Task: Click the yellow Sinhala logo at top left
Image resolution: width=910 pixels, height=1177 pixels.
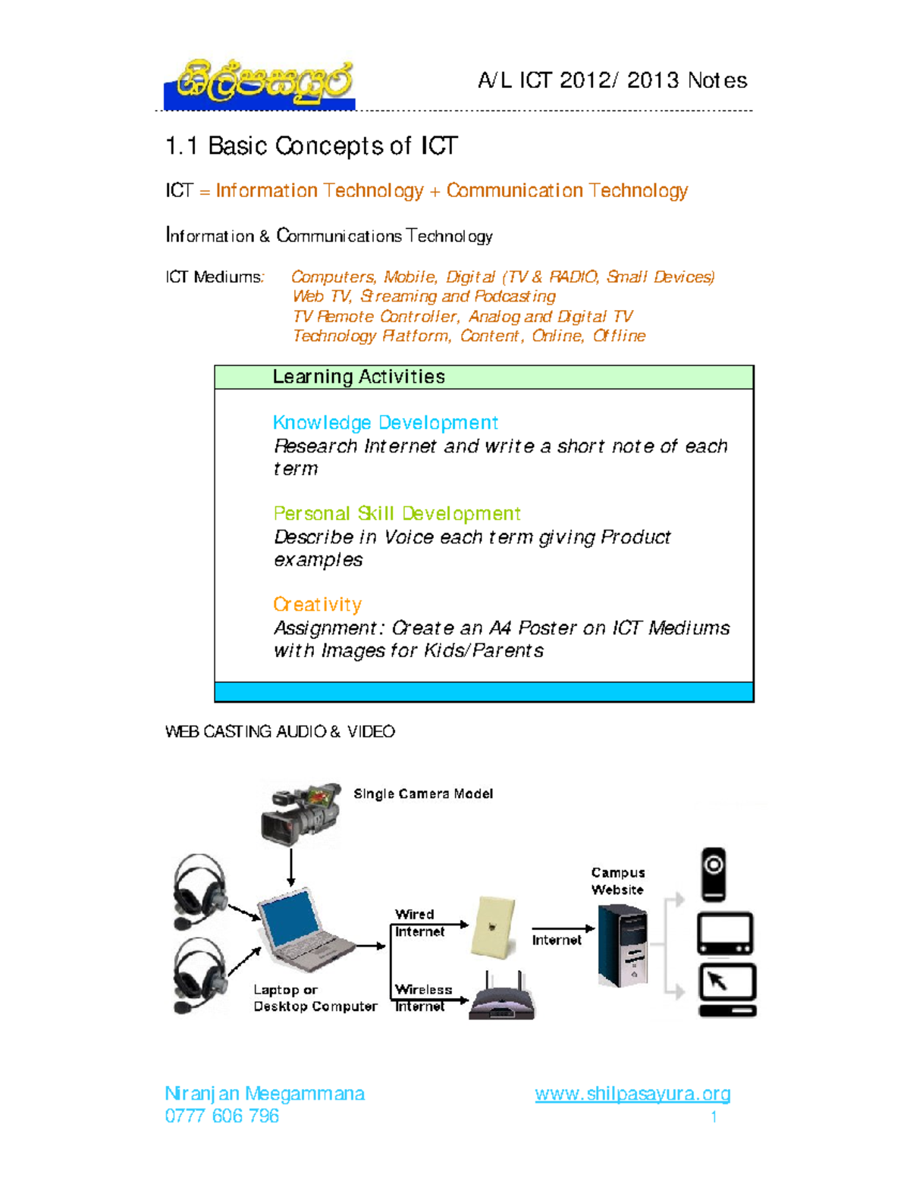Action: (260, 83)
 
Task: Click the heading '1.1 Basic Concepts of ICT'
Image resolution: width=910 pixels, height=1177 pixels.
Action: (311, 146)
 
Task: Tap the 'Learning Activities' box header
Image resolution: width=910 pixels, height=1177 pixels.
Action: (359, 377)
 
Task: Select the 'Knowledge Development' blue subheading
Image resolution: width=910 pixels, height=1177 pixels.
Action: (385, 422)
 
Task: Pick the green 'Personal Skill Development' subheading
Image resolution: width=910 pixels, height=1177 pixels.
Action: (397, 514)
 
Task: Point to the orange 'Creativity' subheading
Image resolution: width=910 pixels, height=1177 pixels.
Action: (317, 605)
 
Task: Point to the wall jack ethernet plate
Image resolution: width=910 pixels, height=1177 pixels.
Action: (494, 927)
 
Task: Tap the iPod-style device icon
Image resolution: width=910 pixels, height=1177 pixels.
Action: (714, 874)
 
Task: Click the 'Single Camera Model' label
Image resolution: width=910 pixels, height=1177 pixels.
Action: (423, 794)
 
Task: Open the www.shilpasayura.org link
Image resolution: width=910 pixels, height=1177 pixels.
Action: (632, 1094)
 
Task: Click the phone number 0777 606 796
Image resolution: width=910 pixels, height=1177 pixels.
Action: (221, 1116)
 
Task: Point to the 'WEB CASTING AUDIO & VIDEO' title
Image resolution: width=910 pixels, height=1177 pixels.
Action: (280, 731)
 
